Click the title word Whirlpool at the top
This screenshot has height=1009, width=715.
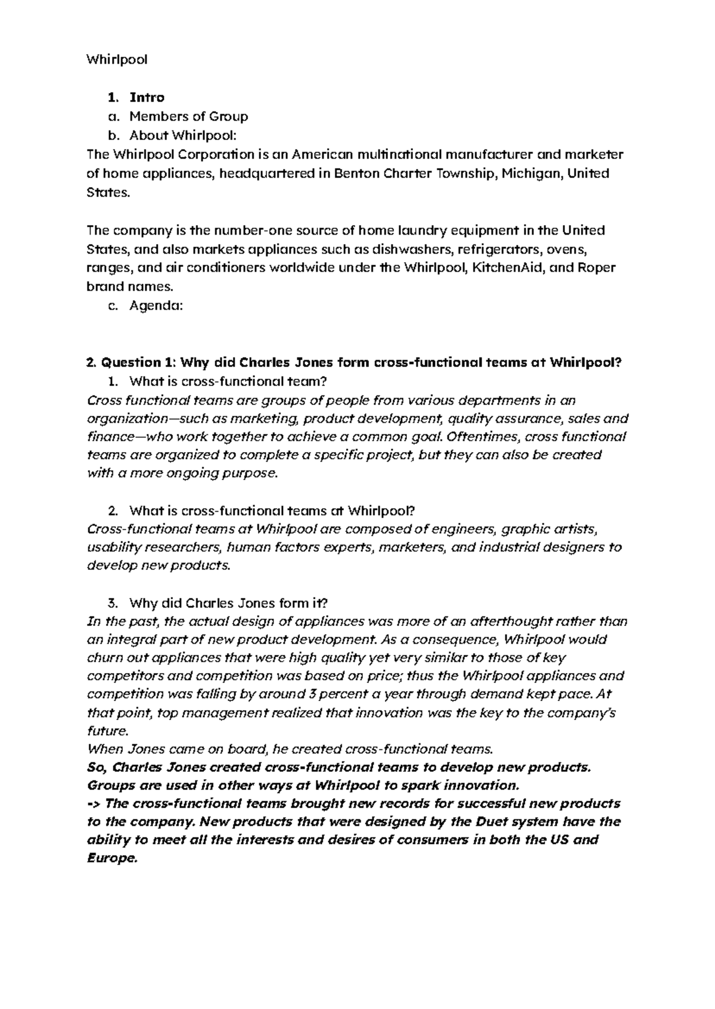pyautogui.click(x=117, y=60)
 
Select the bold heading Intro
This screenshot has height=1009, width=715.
pyautogui.click(x=147, y=97)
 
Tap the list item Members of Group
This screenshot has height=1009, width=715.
pyautogui.click(x=188, y=116)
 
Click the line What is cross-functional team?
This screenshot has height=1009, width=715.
pyautogui.click(x=228, y=381)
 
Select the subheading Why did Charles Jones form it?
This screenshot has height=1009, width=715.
pyautogui.click(x=228, y=602)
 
